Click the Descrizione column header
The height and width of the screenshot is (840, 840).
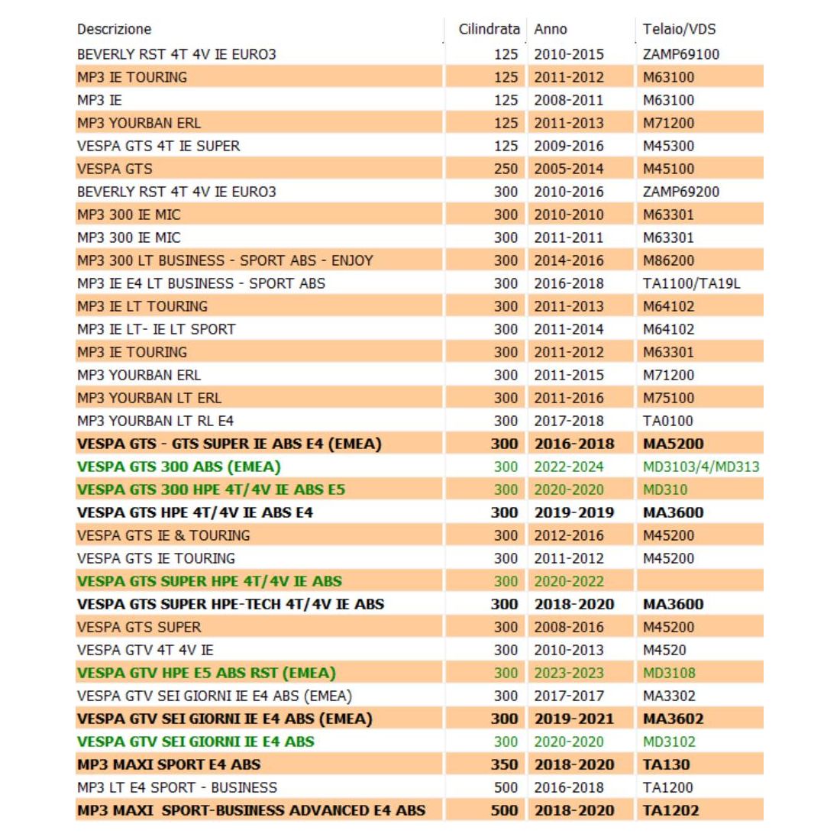[x=114, y=30]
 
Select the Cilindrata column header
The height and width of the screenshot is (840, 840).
[x=489, y=30]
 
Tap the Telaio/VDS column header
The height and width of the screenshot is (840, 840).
[x=679, y=30]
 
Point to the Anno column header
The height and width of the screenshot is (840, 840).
[x=551, y=30]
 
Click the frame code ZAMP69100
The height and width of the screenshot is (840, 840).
[x=681, y=54]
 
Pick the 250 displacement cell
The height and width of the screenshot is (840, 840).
[x=506, y=169]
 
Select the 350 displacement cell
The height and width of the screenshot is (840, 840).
[x=504, y=764]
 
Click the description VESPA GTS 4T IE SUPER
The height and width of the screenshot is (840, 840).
[x=158, y=146]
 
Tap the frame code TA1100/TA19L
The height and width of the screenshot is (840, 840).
[x=691, y=283]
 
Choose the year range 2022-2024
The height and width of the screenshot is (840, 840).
[x=569, y=467]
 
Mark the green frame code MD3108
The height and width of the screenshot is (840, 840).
[x=669, y=673]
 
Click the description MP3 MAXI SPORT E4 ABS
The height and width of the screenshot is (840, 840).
[x=169, y=764]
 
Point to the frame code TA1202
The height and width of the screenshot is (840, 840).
[x=670, y=810]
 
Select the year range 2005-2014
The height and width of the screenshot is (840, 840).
[x=569, y=169]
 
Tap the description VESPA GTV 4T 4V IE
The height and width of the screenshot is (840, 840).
[x=145, y=650]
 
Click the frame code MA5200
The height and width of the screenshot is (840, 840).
[x=673, y=444]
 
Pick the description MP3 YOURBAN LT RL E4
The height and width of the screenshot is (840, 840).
[x=155, y=421]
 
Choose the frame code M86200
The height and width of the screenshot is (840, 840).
[x=669, y=260]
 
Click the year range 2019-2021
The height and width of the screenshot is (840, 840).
[x=574, y=719]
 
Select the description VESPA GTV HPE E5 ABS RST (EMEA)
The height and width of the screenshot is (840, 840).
[x=206, y=673]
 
